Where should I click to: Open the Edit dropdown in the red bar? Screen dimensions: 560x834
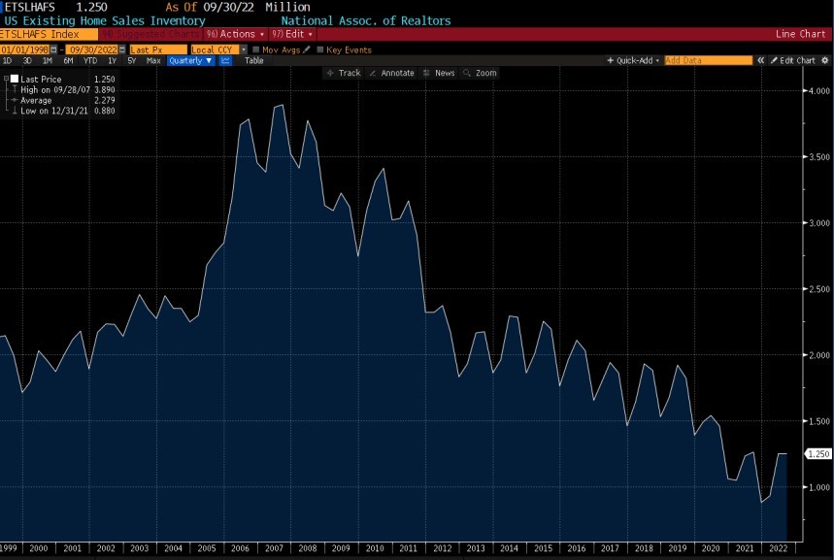[292, 34]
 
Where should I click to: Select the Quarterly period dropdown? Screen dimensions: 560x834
[190, 60]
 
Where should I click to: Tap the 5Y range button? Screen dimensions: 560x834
[132, 60]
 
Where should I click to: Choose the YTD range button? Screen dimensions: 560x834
[90, 60]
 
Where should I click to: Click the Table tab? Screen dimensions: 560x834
[253, 60]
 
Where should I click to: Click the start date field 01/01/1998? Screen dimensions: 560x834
[26, 49]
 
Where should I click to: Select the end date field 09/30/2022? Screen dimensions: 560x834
[92, 49]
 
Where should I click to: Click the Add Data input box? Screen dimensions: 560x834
[708, 60]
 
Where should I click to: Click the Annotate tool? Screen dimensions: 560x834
[391, 73]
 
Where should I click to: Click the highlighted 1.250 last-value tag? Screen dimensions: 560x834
[818, 453]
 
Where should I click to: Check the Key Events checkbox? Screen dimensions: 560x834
[321, 49]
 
